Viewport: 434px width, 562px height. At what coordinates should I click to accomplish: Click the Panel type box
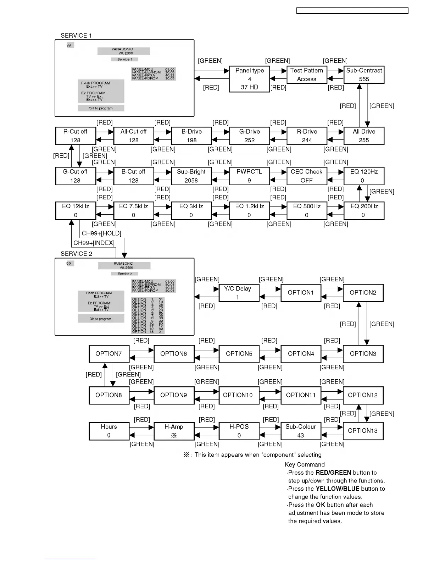250,79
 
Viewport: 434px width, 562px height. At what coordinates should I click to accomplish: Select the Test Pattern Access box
307,75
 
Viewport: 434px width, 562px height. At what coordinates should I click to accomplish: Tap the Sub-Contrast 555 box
364,75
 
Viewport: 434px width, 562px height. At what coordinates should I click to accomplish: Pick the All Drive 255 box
364,136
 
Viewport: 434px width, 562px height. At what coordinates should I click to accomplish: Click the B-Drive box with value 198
191,136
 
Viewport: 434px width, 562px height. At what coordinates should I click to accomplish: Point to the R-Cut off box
76,136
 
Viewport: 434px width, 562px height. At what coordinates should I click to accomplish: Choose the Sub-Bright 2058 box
191,176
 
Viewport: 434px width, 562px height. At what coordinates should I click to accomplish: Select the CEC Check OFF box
307,176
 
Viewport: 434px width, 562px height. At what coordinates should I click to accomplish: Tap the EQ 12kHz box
76,211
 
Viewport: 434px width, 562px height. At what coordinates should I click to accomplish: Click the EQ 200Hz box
364,211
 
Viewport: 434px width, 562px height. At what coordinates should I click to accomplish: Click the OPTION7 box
109,354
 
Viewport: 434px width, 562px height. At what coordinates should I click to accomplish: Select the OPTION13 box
363,431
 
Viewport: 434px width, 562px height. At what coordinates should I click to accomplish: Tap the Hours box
109,431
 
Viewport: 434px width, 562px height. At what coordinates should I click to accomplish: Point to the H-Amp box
174,431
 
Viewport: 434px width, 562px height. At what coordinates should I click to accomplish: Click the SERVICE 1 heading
76,35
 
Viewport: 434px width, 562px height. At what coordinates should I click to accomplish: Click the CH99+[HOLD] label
101,233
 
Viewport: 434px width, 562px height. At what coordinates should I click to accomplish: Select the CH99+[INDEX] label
94,243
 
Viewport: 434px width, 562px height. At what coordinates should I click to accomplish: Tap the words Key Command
305,464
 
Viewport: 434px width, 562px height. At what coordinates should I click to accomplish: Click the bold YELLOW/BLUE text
338,489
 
